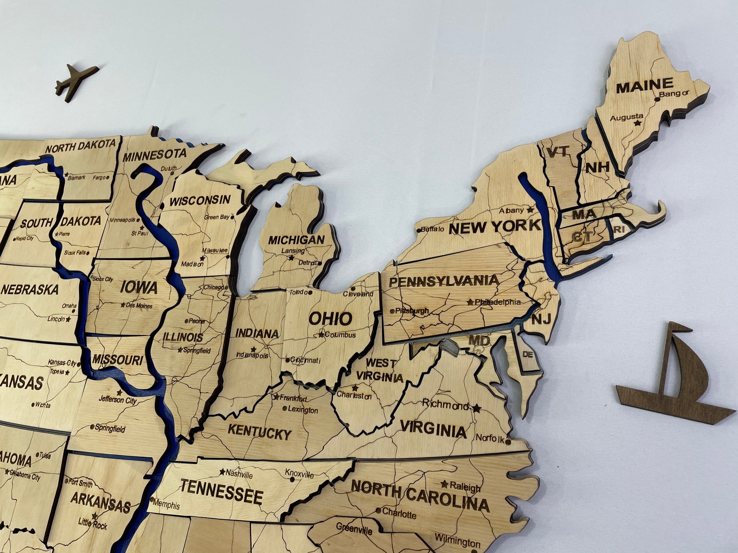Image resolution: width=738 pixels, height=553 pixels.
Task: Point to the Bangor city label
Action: click(674, 94)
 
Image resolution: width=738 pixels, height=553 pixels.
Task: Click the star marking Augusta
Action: click(638, 123)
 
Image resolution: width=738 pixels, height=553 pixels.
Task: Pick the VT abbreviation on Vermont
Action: click(557, 152)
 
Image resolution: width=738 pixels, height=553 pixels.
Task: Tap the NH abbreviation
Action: click(597, 167)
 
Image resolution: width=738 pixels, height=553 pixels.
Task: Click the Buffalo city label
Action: click(432, 229)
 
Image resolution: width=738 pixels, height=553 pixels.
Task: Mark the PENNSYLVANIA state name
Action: click(444, 281)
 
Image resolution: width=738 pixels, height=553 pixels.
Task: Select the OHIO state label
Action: click(330, 319)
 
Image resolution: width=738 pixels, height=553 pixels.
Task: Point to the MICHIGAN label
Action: click(297, 240)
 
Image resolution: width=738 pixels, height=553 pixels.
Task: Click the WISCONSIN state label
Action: click(200, 200)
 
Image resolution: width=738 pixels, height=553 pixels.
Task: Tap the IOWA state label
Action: click(139, 287)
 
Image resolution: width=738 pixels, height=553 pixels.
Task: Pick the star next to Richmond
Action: click(477, 408)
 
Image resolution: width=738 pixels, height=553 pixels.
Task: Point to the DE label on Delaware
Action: click(528, 355)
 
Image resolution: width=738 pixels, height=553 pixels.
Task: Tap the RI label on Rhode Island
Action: click(619, 229)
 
